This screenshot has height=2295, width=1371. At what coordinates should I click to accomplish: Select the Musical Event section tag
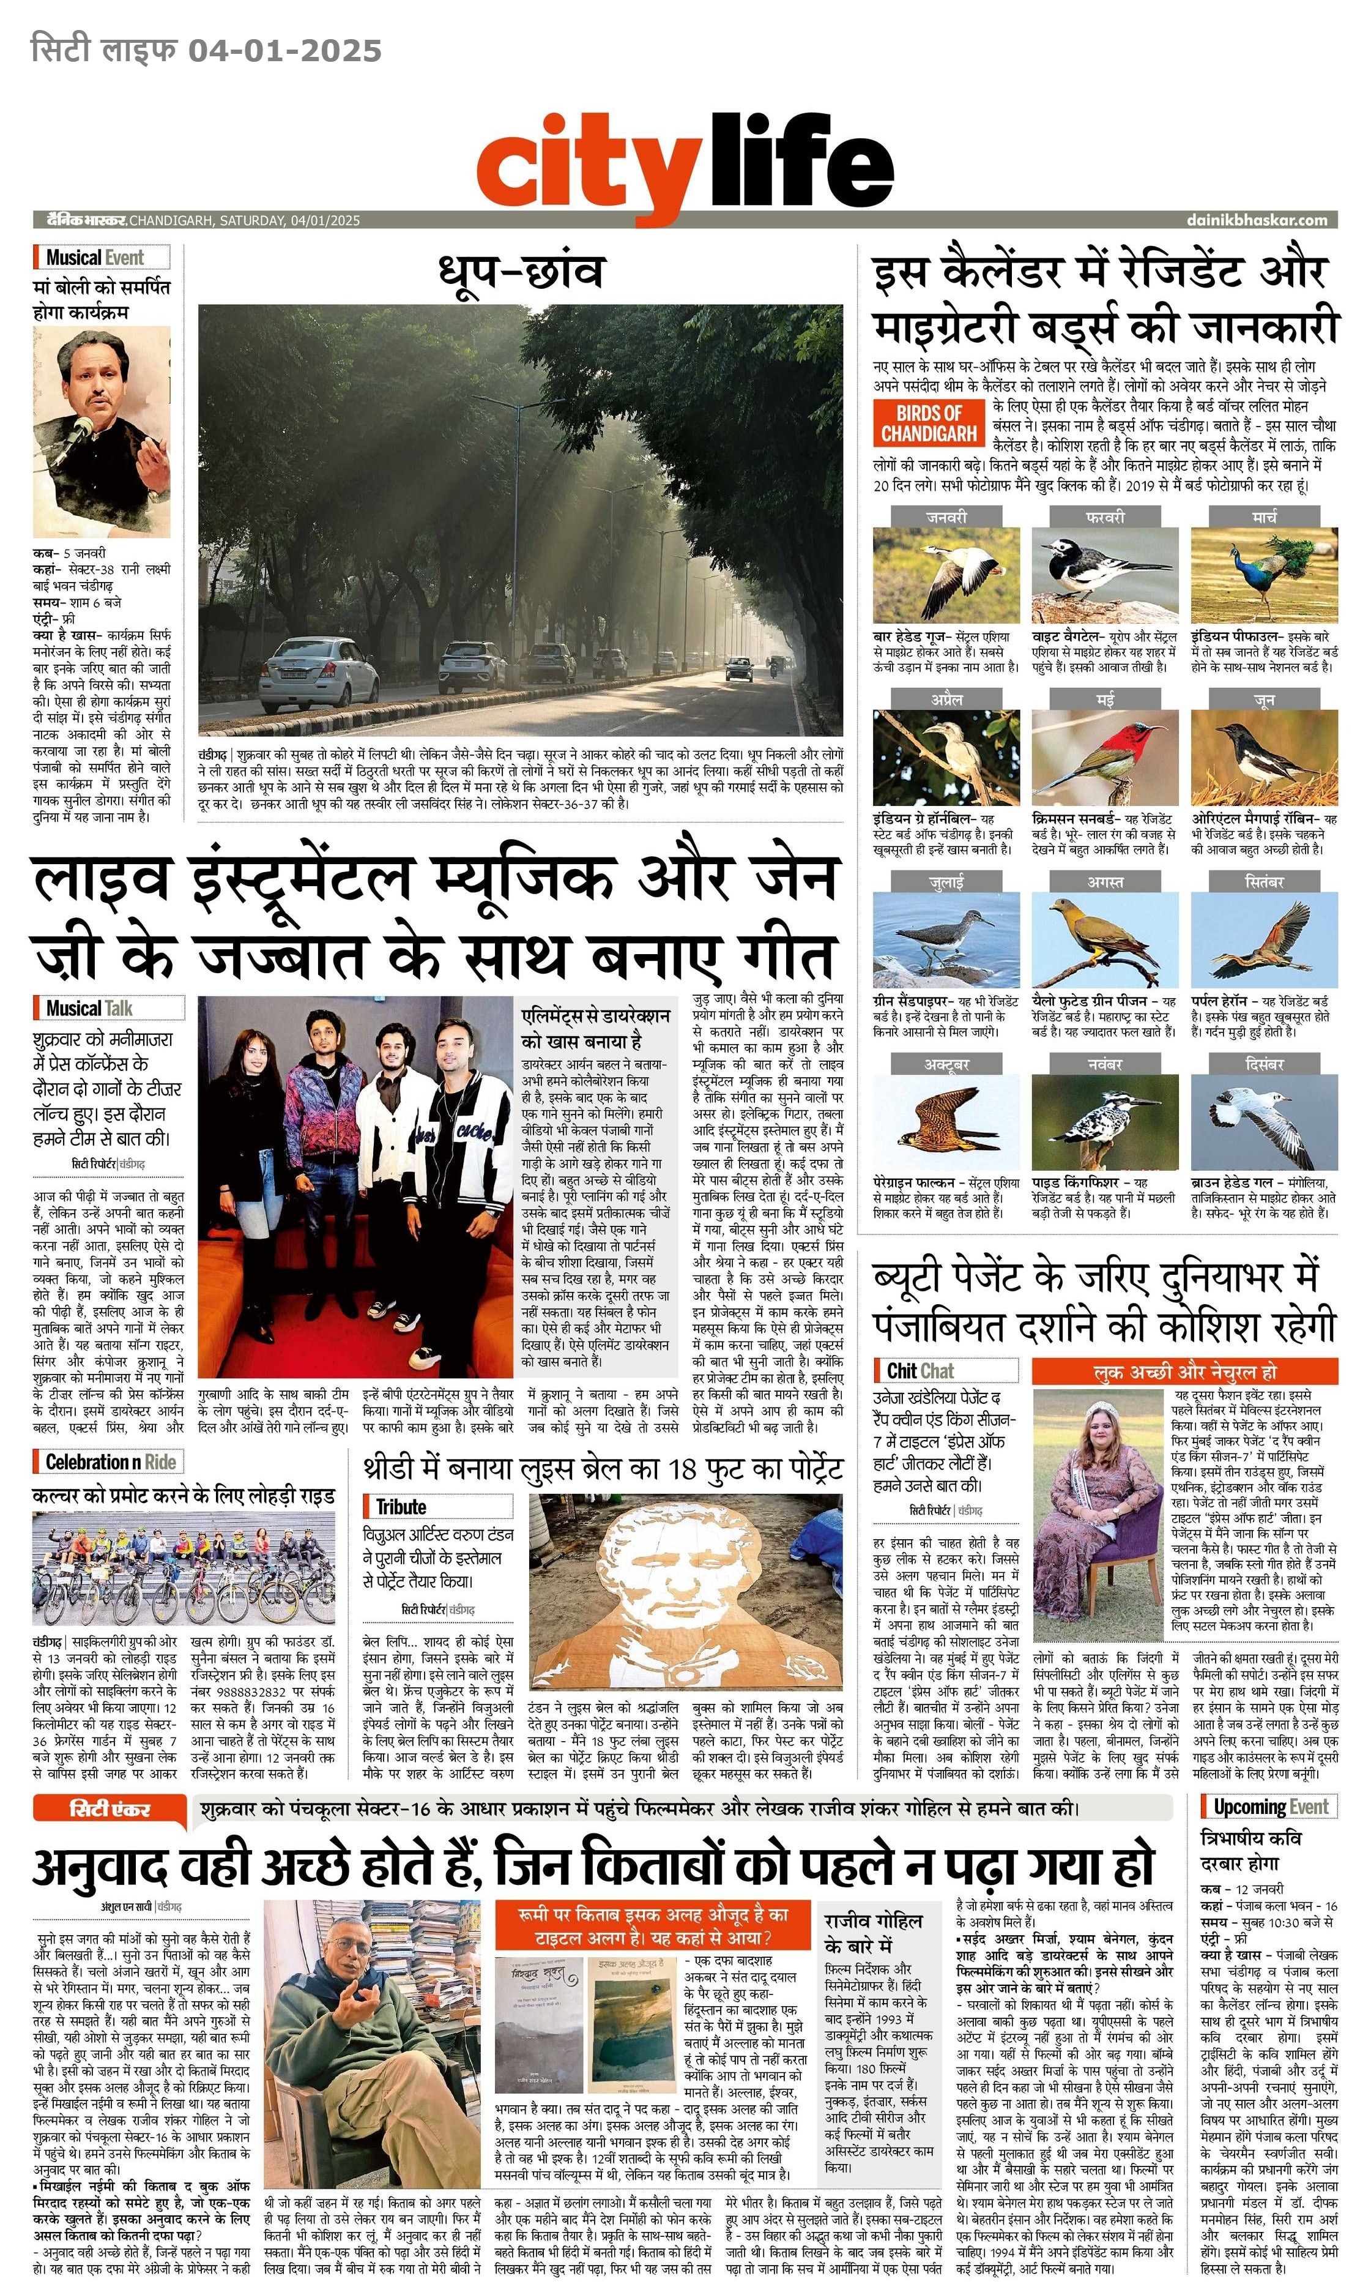95,258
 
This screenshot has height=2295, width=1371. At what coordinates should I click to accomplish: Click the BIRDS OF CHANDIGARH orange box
929,423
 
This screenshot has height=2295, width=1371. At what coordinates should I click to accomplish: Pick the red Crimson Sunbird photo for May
1104,758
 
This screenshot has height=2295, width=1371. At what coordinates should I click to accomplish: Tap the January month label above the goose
946,517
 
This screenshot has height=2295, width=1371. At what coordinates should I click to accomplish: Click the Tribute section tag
401,1507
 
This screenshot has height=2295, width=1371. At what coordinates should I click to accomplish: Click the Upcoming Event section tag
1270,1806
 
